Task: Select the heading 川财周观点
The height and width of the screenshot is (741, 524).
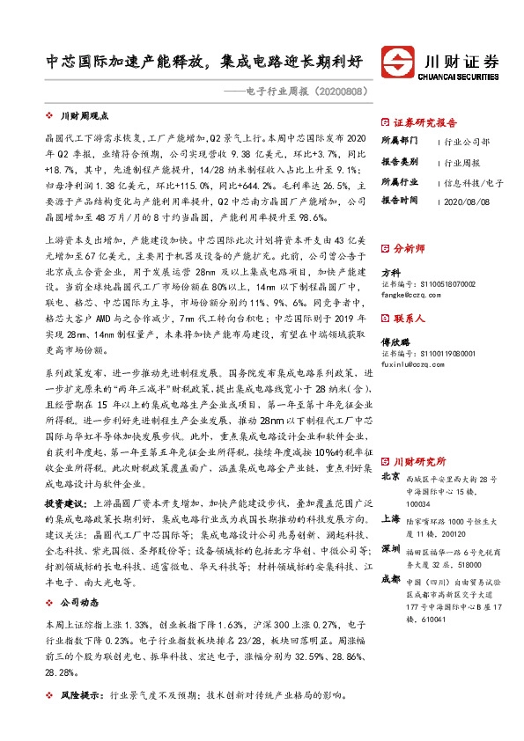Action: (x=83, y=115)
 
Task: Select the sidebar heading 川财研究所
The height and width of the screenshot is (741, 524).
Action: (x=419, y=460)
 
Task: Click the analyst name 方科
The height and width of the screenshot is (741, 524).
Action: (x=390, y=273)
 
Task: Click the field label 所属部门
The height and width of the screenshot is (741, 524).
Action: (x=399, y=141)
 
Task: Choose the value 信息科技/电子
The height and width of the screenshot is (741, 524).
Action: (x=473, y=182)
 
